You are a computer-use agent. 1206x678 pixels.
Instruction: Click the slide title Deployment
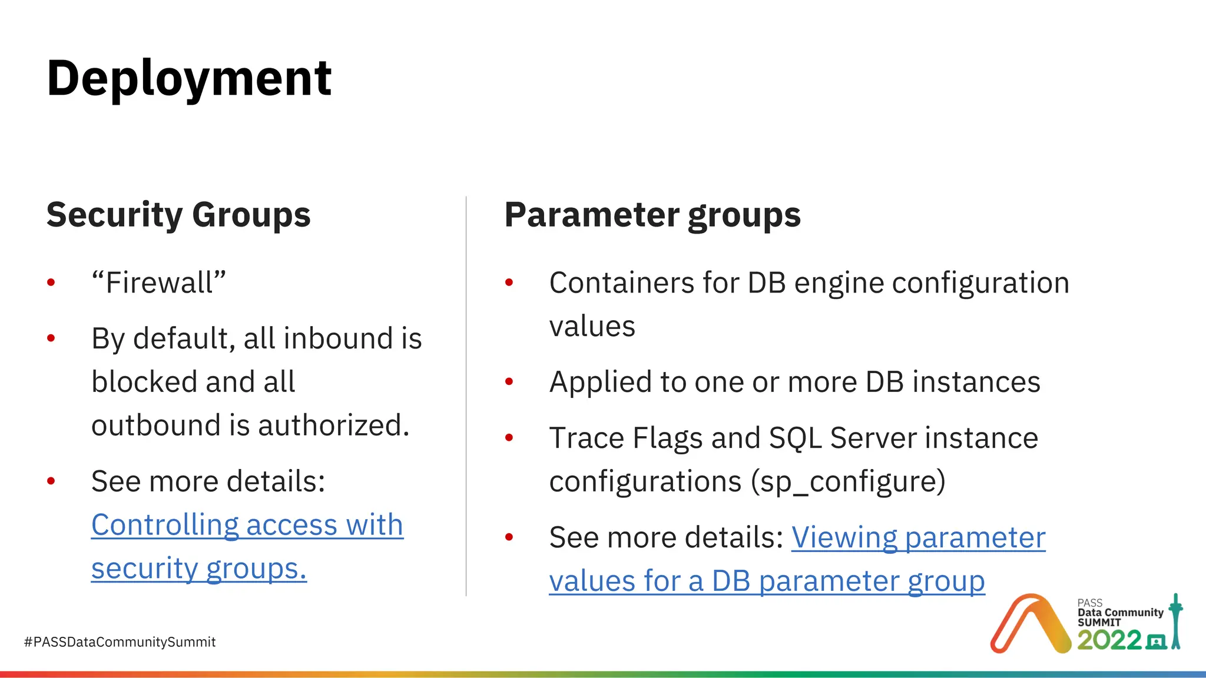(189, 78)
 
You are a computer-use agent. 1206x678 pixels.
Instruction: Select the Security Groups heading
(178, 215)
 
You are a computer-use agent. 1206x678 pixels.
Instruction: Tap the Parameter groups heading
(652, 215)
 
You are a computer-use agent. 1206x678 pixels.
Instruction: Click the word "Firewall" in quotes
(159, 282)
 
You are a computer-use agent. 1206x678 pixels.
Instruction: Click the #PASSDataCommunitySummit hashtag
(120, 642)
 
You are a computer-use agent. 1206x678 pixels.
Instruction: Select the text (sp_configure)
(847, 482)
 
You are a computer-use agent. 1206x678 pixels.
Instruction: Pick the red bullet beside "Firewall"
(51, 283)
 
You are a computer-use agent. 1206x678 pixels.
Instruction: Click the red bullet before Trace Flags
(509, 438)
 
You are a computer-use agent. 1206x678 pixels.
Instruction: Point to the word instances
(976, 382)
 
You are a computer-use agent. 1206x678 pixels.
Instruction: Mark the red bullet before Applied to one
(509, 382)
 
